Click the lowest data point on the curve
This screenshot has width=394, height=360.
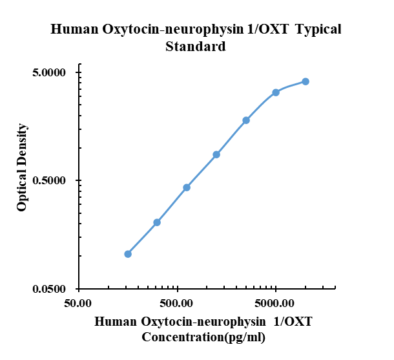click(128, 254)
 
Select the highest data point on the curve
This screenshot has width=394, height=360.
click(306, 81)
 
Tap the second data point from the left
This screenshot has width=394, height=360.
click(157, 222)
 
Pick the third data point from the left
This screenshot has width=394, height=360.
click(187, 187)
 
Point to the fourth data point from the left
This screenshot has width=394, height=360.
click(216, 154)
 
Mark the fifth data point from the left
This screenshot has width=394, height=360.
click(246, 120)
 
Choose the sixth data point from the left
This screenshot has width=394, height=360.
click(276, 92)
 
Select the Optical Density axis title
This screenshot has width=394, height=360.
click(23, 167)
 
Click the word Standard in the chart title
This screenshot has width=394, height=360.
click(196, 47)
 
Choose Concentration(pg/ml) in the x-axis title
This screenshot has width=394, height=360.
click(203, 337)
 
